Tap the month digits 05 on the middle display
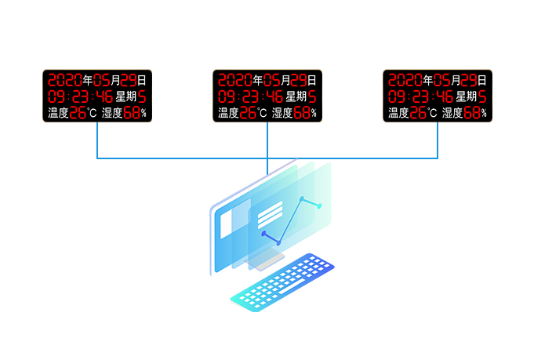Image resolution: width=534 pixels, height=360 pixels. [272, 80]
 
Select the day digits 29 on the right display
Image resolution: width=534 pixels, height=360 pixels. [468, 80]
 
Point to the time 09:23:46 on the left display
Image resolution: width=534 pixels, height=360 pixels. [78, 96]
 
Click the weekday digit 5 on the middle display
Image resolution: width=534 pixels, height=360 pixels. [311, 96]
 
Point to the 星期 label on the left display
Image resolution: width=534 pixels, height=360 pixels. [125, 96]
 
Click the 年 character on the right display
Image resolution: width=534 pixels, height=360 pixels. [427, 80]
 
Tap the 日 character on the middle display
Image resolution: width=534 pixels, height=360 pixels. [311, 80]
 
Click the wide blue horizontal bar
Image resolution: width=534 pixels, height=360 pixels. [267, 141]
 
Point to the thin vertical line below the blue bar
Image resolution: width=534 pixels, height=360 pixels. [267, 166]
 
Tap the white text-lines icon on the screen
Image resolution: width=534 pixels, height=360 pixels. [270, 213]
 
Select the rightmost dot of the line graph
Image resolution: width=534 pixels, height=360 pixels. [319, 205]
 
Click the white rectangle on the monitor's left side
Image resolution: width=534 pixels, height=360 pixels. [226, 224]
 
